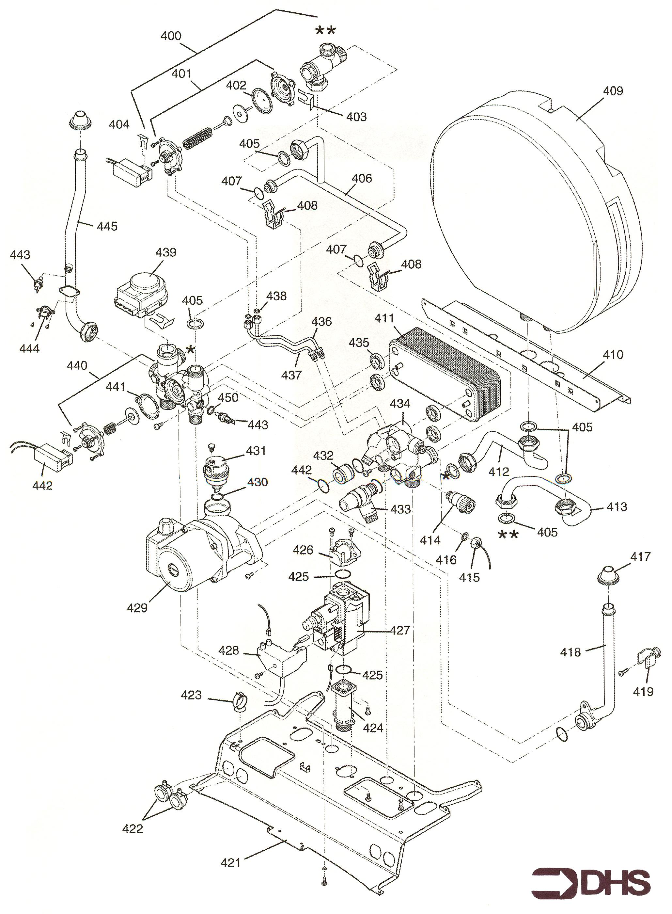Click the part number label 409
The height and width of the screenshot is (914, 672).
613,90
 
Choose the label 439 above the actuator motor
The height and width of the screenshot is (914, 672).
166,252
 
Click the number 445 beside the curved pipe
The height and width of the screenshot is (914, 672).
107,226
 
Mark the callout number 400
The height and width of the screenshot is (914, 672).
171,36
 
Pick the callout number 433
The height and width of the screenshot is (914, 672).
400,509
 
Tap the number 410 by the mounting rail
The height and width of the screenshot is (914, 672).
613,355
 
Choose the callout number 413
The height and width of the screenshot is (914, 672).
617,507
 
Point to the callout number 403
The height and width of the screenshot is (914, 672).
356,117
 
